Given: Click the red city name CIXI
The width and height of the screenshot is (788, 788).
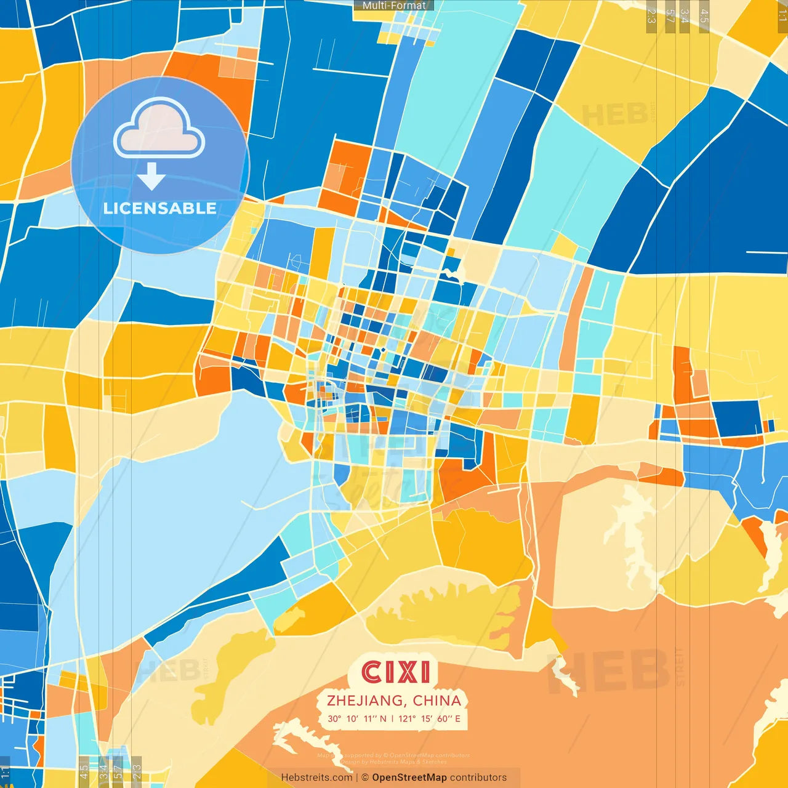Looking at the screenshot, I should click(395, 672).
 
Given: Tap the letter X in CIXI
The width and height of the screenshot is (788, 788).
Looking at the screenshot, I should click(403, 672).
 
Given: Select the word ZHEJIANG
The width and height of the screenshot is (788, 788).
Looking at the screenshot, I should click(365, 701).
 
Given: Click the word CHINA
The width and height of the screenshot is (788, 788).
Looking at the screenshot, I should click(437, 701).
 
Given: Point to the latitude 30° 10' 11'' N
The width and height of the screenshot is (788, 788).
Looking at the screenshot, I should click(357, 718).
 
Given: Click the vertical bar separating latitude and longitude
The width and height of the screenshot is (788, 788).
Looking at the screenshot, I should click(393, 718).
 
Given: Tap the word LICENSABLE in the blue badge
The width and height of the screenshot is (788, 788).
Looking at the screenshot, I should click(160, 208).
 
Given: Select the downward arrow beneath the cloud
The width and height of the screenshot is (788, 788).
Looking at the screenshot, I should click(151, 177).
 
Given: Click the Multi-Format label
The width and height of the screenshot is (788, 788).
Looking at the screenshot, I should click(394, 6).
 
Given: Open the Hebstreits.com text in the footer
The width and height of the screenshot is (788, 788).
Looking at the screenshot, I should click(316, 778).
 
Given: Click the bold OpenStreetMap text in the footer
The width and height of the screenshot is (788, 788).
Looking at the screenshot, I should click(409, 778).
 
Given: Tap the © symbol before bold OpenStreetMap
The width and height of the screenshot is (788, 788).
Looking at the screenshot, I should click(365, 778).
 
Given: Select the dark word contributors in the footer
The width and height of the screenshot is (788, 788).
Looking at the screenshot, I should click(478, 778).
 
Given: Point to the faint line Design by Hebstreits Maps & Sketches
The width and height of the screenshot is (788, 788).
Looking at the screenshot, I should click(394, 762).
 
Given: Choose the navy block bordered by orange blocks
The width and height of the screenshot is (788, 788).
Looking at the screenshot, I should click(738, 418).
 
